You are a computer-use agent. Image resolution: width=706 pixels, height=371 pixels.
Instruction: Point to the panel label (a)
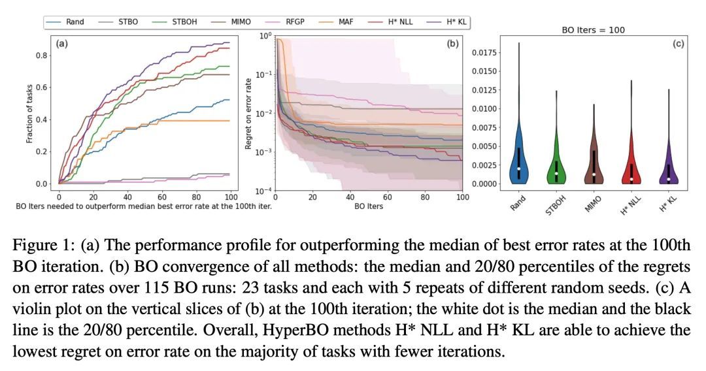(x=63, y=44)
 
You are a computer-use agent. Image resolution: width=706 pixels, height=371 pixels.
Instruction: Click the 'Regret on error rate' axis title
(x=248, y=113)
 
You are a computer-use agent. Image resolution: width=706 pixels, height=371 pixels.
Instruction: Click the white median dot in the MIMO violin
(x=594, y=174)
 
